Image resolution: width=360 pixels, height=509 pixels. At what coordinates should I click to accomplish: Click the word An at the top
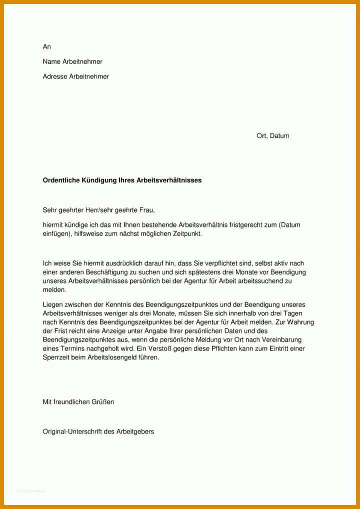click(x=47, y=46)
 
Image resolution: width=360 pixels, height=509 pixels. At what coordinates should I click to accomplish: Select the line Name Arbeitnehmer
click(x=72, y=61)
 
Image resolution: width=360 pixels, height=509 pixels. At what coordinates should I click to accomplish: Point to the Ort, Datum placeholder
click(x=272, y=135)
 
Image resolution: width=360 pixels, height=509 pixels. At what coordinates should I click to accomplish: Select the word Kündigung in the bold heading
click(x=98, y=180)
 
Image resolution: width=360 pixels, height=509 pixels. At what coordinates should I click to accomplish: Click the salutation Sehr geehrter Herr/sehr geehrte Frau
click(x=102, y=210)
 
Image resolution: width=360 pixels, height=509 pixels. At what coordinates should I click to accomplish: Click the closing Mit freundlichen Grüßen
click(x=78, y=401)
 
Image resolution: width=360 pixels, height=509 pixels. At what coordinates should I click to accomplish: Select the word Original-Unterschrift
click(x=72, y=431)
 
